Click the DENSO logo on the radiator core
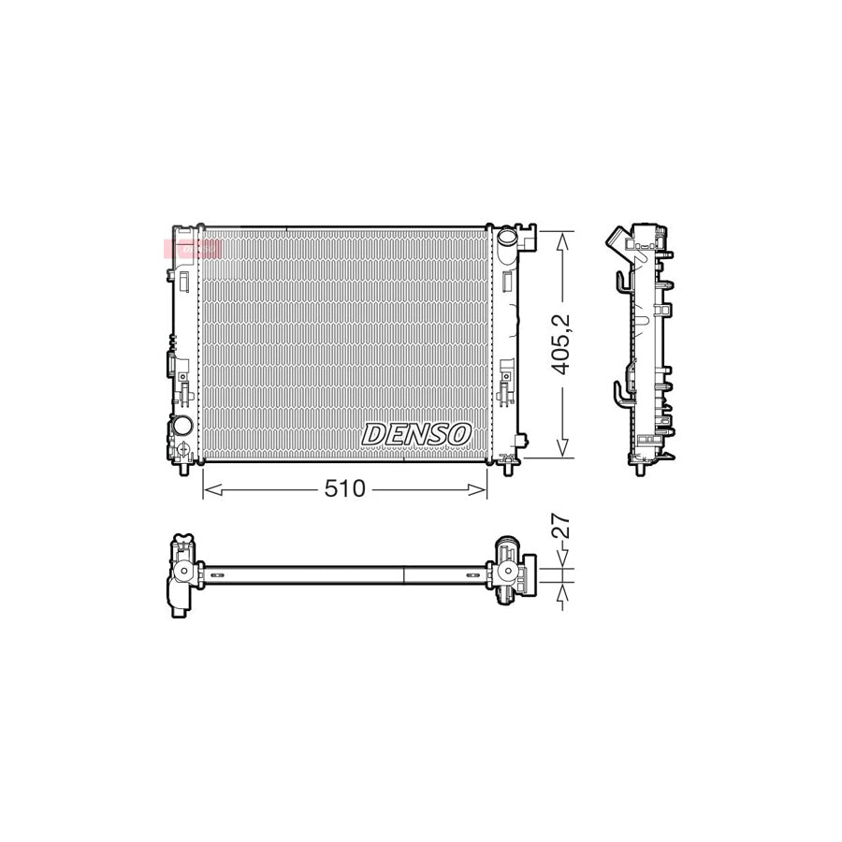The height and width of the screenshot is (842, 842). tap(416, 434)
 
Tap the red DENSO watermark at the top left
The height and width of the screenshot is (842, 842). tap(192, 249)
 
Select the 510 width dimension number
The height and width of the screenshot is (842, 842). tap(346, 489)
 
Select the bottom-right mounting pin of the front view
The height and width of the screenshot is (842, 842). tap(508, 467)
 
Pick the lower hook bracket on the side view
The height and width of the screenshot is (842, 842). tap(620, 390)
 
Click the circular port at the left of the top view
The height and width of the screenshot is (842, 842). tap(183, 572)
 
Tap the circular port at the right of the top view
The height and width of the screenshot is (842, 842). tap(508, 572)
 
